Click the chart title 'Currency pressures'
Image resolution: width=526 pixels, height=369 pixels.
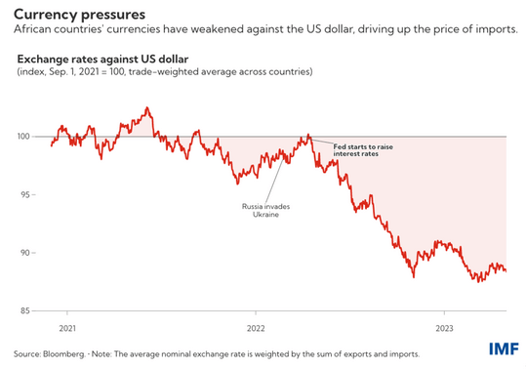click(x=79, y=14)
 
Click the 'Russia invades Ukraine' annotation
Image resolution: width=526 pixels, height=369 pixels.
click(x=260, y=210)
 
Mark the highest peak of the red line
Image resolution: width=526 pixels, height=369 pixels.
click(x=146, y=107)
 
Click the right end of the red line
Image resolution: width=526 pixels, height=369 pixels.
click(x=506, y=271)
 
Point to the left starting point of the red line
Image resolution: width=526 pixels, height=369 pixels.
click(x=51, y=145)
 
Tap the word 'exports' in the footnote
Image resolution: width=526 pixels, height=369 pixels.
click(x=375, y=352)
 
